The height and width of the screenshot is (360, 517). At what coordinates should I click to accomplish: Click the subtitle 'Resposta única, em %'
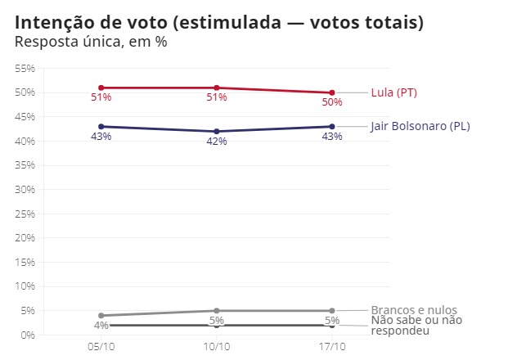[x=91, y=42]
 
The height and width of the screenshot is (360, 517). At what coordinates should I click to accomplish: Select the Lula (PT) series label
[x=393, y=92]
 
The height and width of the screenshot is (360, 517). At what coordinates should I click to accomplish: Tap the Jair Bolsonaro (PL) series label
[x=420, y=126]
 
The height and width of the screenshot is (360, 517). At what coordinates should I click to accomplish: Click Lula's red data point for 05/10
[x=101, y=88]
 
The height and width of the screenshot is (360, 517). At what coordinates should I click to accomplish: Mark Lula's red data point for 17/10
[x=331, y=92]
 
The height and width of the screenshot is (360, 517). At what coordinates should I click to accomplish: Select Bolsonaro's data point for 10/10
[x=216, y=131]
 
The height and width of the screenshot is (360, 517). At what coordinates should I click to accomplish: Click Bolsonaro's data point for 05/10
[x=101, y=126]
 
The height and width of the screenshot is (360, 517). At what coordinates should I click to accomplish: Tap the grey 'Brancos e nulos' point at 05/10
[x=101, y=315]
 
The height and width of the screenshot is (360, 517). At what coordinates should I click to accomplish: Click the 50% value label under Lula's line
[x=331, y=102]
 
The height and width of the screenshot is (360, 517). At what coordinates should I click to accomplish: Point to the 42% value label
[x=216, y=142]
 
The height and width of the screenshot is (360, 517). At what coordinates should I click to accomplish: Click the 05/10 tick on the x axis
[x=101, y=347]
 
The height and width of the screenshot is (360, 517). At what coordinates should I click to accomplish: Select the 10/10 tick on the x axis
[x=216, y=347]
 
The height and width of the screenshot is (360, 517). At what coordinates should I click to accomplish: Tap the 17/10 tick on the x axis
[x=331, y=347]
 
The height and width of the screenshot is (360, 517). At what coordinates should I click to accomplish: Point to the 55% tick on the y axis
[x=25, y=68]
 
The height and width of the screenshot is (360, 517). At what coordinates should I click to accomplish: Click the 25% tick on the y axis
[x=25, y=214]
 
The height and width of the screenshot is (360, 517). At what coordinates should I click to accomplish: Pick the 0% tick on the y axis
[x=27, y=335]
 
